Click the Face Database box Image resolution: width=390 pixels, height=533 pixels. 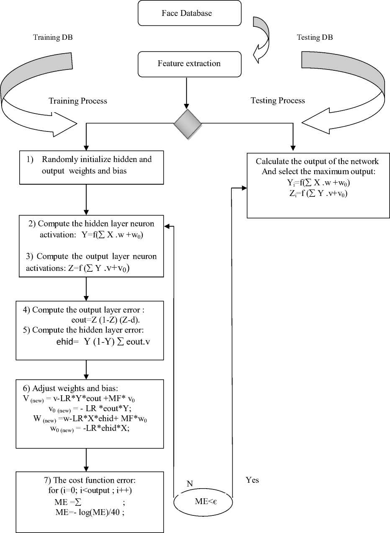point(189,13)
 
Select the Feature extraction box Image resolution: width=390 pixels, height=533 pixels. point(189,64)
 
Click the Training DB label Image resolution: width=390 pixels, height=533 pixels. point(53,38)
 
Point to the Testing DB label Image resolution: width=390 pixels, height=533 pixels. point(315,38)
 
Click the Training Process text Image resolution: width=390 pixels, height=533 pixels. point(78,101)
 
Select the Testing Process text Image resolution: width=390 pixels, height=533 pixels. point(277,100)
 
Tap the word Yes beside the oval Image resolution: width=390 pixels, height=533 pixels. point(252,480)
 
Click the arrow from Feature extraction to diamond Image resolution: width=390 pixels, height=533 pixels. point(187,92)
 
